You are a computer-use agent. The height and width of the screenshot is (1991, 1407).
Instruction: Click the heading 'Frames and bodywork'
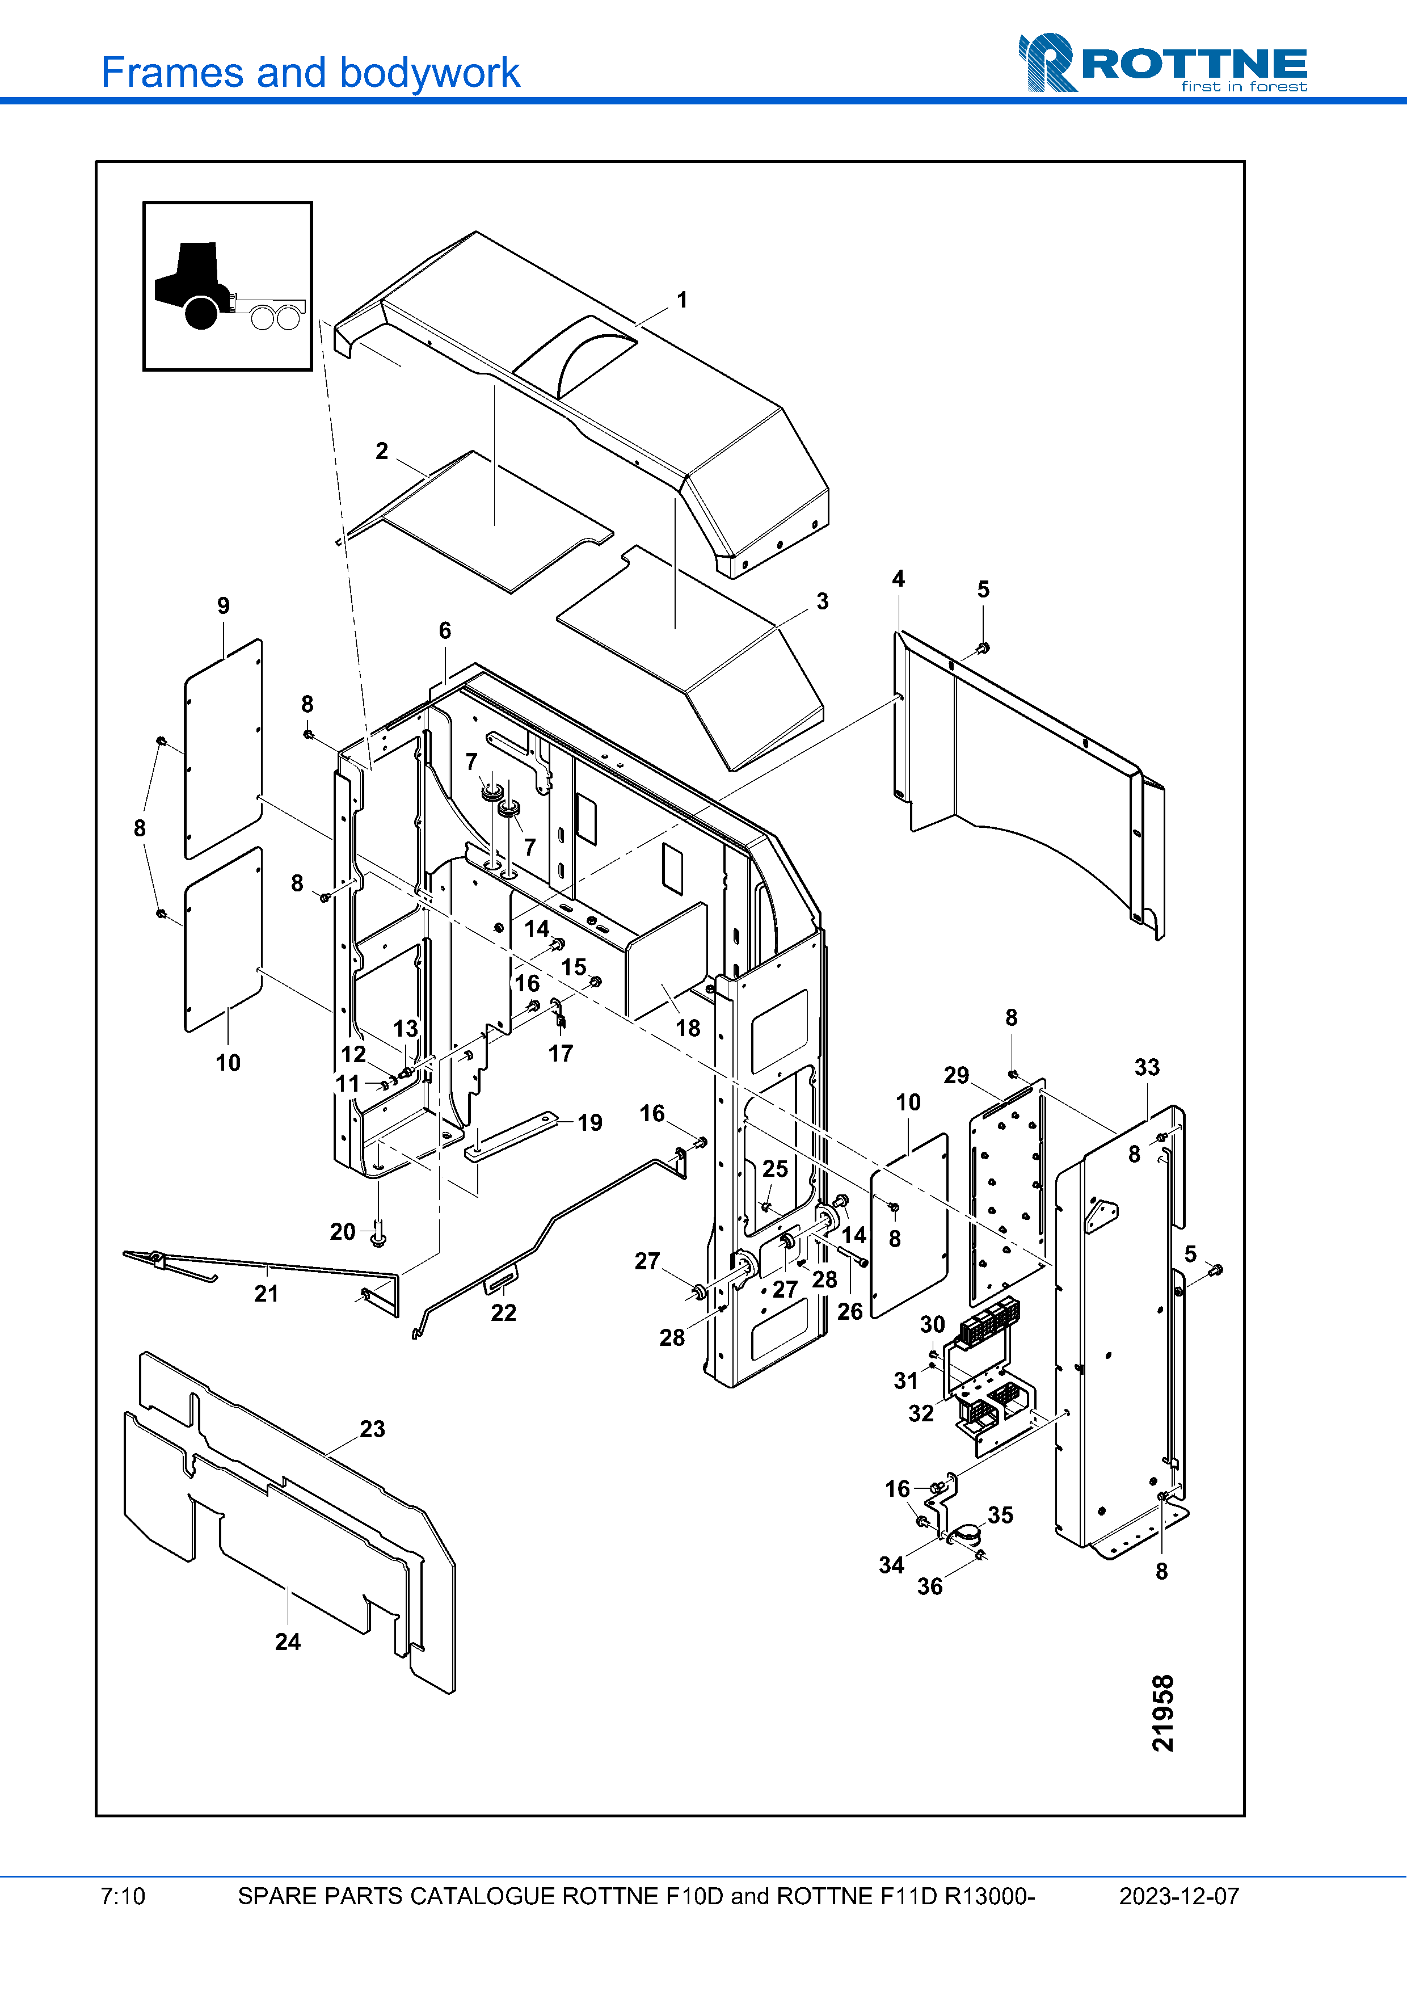[310, 73]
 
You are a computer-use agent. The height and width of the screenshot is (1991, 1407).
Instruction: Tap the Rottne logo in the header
[1162, 62]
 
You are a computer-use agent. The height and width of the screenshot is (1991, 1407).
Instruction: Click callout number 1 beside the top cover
[683, 300]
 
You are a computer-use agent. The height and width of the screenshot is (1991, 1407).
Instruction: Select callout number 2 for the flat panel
[381, 451]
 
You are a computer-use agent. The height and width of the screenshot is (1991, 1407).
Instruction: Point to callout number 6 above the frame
[445, 630]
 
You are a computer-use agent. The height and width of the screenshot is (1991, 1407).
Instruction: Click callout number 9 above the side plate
[224, 605]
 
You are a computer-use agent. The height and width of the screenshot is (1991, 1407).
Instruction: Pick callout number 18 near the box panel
[688, 1029]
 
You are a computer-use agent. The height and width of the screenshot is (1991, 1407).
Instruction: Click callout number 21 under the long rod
[266, 1294]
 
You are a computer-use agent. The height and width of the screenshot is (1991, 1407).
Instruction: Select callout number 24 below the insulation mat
[288, 1641]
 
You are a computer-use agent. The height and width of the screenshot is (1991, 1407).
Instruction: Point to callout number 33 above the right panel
[1147, 1067]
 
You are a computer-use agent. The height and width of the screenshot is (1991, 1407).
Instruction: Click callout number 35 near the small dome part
[1000, 1515]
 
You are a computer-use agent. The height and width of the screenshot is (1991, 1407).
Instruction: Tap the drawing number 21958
[1164, 1712]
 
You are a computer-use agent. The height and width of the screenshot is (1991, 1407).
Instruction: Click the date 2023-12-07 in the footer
[1179, 1896]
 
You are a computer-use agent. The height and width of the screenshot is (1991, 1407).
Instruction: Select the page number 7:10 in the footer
[123, 1896]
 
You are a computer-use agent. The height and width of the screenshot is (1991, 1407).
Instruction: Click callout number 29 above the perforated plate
[956, 1075]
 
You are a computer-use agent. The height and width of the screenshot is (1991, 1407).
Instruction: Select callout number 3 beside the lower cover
[823, 601]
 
